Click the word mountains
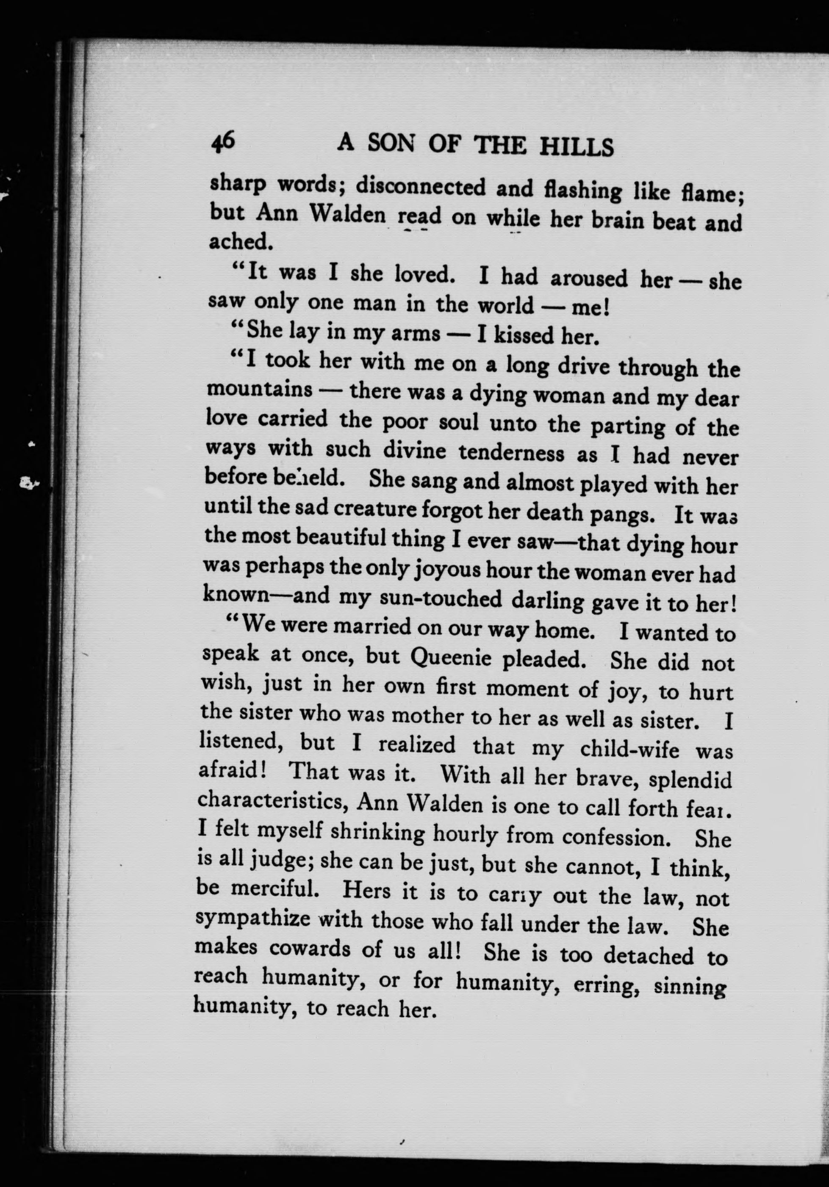(260, 389)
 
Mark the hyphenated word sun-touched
(441, 599)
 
